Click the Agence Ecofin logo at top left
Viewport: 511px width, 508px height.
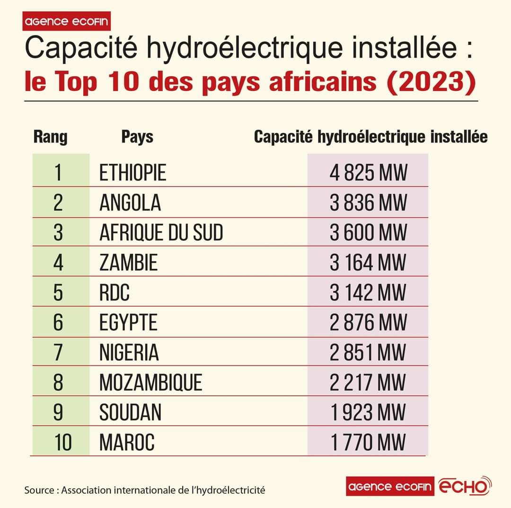point(67,21)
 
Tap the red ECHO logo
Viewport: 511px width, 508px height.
point(466,486)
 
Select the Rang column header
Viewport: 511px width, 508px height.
point(51,137)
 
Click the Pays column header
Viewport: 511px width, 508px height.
point(137,137)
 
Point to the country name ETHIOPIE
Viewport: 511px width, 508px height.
point(132,173)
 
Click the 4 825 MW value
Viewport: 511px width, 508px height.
point(368,173)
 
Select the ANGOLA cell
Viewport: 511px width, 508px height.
point(130,203)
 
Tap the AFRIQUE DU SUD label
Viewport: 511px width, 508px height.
point(161,232)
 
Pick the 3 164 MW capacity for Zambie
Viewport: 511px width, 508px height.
point(368,263)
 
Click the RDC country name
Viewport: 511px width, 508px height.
point(114,293)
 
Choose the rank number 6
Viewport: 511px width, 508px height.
point(58,323)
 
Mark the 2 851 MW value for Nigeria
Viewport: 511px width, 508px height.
point(368,353)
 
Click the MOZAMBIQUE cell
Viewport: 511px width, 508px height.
point(150,383)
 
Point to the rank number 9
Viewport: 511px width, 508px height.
point(58,412)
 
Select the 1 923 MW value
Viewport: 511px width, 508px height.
point(368,412)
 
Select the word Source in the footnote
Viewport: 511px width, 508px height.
point(40,490)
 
